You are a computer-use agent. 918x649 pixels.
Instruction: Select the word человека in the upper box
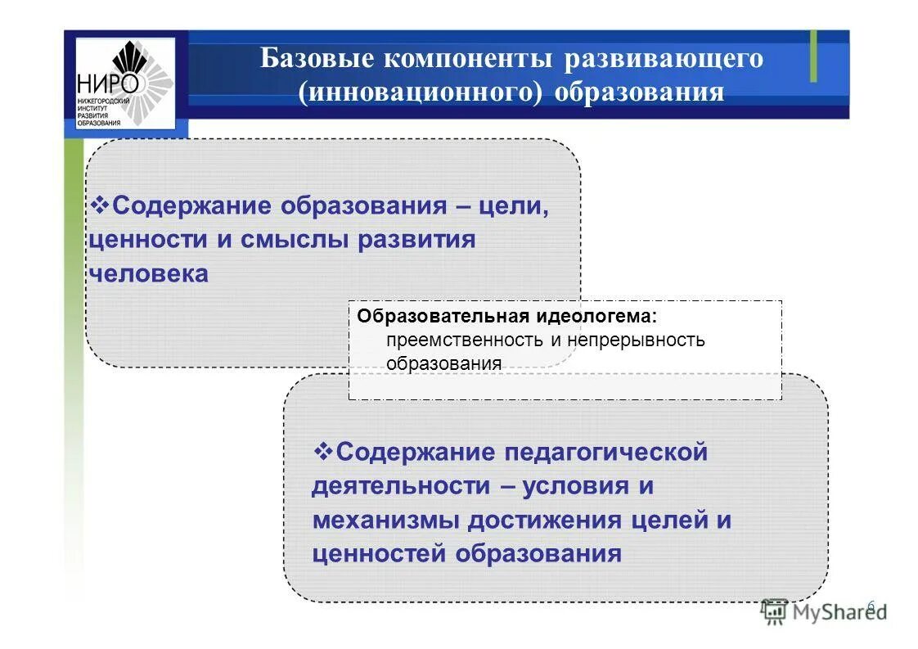148,274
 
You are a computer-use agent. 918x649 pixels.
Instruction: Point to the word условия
572,486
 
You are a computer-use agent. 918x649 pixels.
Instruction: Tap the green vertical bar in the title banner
813,56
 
